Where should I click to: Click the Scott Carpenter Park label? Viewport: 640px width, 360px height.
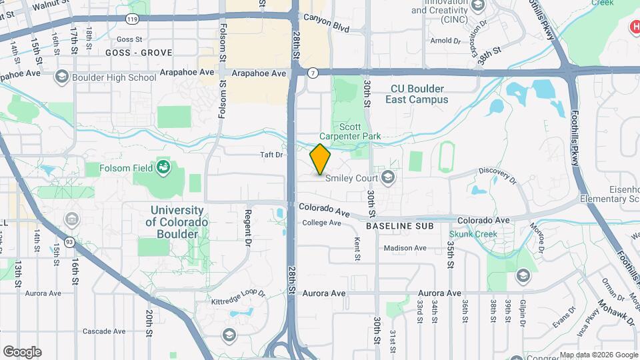[360, 131]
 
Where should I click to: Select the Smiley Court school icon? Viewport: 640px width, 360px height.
[389, 177]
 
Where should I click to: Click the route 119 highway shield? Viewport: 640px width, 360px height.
[133, 20]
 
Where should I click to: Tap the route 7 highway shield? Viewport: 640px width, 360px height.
[312, 72]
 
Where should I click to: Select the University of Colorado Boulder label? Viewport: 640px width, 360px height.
[177, 222]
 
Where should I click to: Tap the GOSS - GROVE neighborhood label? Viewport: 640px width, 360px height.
[139, 53]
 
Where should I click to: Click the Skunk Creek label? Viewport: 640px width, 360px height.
[473, 234]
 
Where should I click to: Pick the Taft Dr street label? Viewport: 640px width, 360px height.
[271, 155]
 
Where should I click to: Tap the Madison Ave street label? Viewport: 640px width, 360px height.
[405, 249]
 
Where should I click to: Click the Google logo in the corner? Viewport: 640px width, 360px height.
[22, 351]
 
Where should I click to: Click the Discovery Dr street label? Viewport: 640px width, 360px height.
[497, 175]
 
